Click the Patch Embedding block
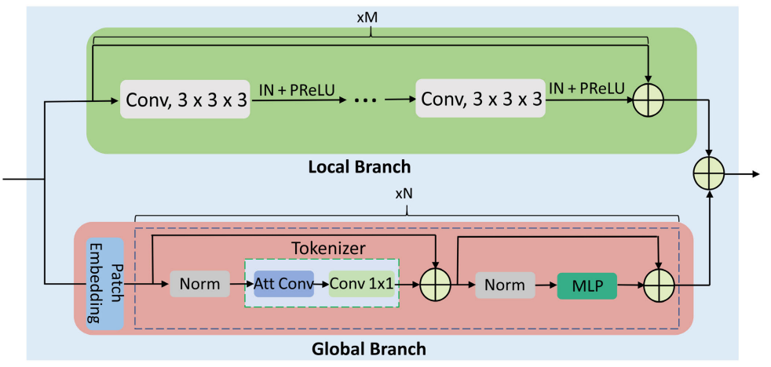[x=104, y=284]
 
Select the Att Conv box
[x=283, y=283]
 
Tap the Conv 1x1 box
[x=361, y=283]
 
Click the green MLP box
[x=586, y=285]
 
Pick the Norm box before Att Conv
[x=199, y=283]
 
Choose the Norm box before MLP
[x=505, y=285]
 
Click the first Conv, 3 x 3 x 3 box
[x=185, y=100]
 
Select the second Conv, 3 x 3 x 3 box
[x=481, y=99]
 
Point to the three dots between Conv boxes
[x=365, y=100]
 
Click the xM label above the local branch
[x=371, y=18]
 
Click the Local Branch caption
[x=359, y=167]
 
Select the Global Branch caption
[x=369, y=349]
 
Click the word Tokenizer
[x=328, y=248]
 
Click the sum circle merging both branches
[x=709, y=174]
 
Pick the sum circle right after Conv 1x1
[x=436, y=285]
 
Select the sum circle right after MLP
[x=660, y=285]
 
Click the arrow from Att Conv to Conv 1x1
[x=321, y=284]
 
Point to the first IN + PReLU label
[x=297, y=89]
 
